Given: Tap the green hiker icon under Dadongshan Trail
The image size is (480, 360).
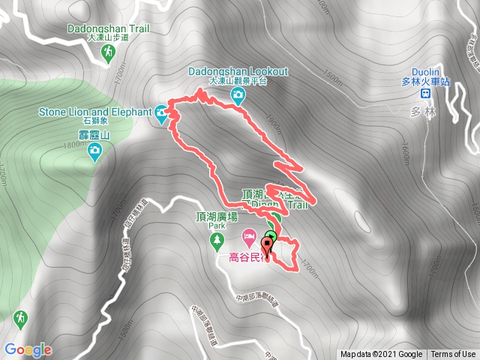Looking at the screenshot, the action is (109, 52).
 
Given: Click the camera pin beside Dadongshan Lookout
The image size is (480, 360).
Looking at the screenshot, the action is (238, 94).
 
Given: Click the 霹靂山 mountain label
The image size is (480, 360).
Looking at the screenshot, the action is (95, 136).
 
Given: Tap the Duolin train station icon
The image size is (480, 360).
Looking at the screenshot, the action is (425, 93).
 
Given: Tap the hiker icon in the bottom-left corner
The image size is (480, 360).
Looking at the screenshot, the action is (20, 318).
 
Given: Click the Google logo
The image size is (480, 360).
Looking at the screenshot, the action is (28, 349).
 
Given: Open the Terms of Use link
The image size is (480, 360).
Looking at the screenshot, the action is (452, 354).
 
